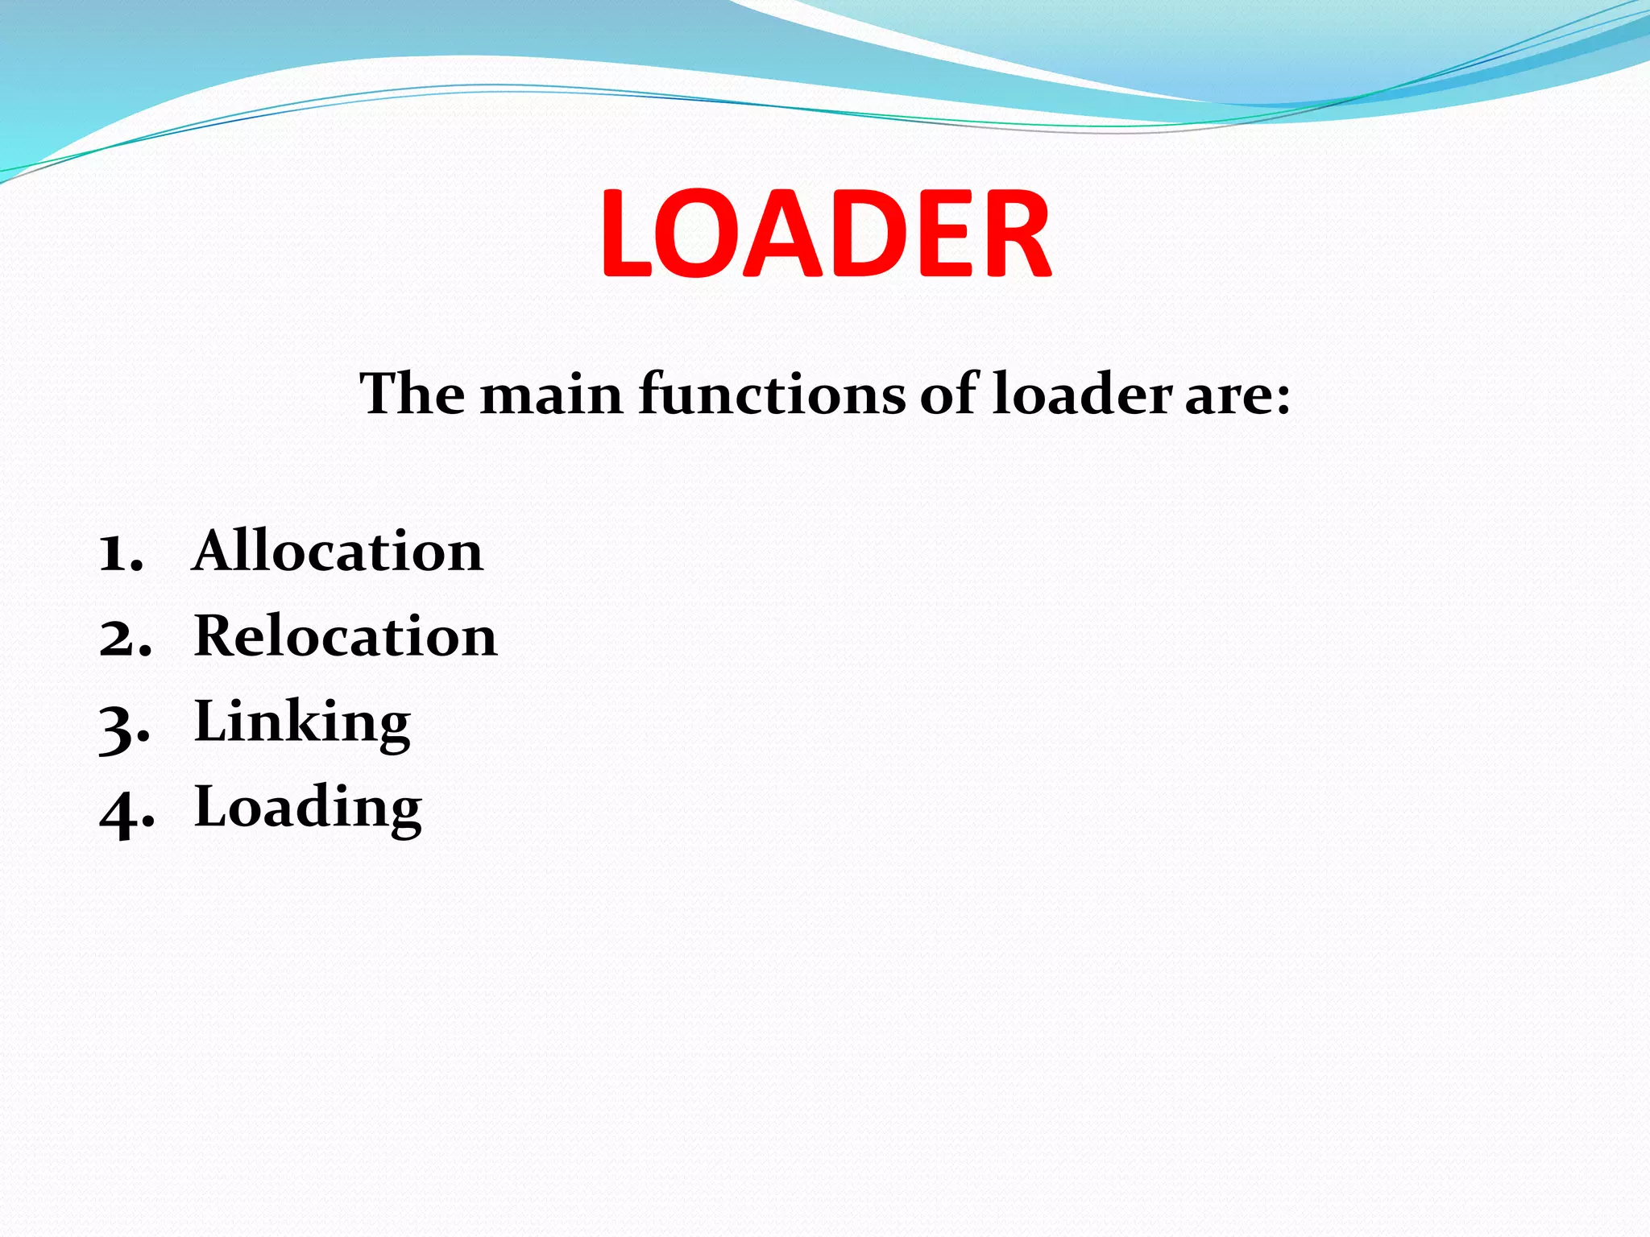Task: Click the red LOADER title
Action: click(x=825, y=234)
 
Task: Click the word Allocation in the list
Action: click(x=338, y=552)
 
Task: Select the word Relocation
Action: click(x=346, y=636)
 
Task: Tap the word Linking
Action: click(x=302, y=722)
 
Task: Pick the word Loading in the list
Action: click(x=308, y=807)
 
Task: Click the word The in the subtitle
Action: click(x=412, y=395)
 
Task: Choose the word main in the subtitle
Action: click(x=552, y=396)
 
